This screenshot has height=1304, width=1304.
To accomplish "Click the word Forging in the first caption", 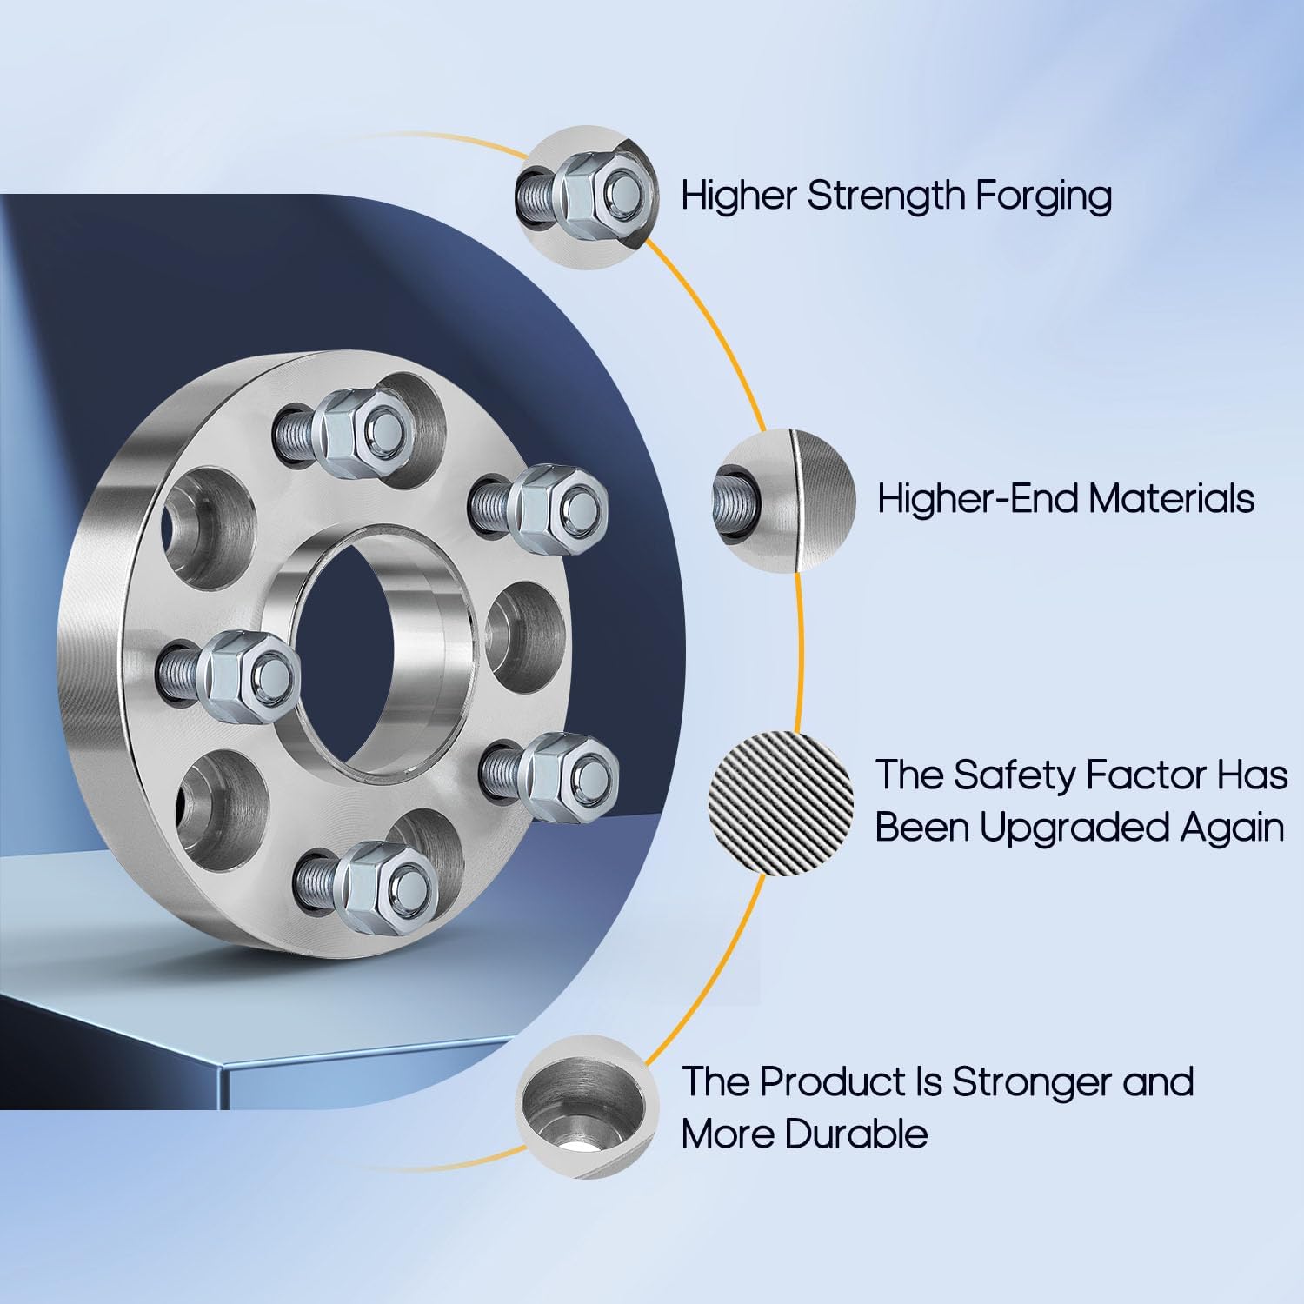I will pos(1042,196).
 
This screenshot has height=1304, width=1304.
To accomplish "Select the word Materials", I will pos(1171,499).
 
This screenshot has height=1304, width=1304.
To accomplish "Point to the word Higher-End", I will pos(977,499).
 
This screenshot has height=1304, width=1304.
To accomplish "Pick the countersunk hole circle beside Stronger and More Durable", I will pos(587,1106).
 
